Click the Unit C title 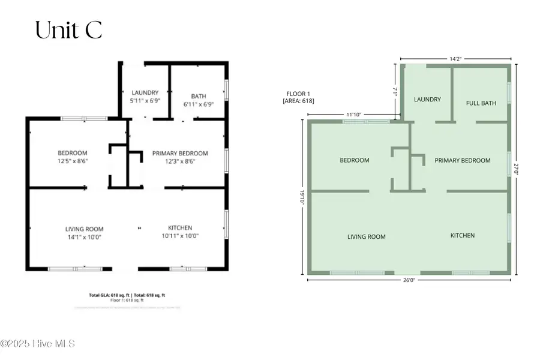(x=68, y=30)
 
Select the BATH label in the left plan (x=198, y=96)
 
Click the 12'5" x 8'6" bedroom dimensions (x=73, y=161)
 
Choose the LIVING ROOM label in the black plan (x=85, y=229)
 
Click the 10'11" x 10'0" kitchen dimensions (x=180, y=236)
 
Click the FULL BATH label (x=481, y=103)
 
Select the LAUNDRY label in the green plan (x=427, y=100)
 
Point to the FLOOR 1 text (x=296, y=93)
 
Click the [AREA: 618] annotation (x=298, y=101)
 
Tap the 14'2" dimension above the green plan (x=455, y=58)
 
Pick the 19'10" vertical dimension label (x=302, y=197)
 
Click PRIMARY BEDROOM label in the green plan (x=463, y=160)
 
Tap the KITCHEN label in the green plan (x=463, y=235)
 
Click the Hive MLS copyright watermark (x=37, y=344)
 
